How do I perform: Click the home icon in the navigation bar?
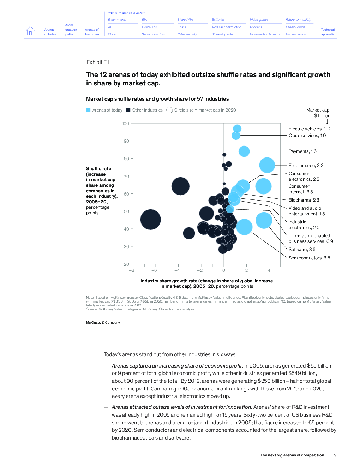click(x=31, y=31)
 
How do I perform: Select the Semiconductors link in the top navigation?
click(x=153, y=34)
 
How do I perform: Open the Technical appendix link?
click(x=328, y=32)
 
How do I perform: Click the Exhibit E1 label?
click(x=98, y=62)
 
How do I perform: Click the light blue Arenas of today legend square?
click(x=88, y=110)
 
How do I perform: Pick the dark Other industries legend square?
click(x=128, y=110)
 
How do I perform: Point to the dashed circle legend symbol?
click(x=169, y=110)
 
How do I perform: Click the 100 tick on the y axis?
click(x=126, y=124)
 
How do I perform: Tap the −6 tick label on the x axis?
click(x=154, y=270)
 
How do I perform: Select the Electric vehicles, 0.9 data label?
click(x=309, y=129)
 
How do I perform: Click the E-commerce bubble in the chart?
click(x=267, y=165)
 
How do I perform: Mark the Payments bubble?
click(x=244, y=151)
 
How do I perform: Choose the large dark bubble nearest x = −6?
click(x=151, y=220)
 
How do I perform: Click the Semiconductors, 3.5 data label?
click(x=309, y=258)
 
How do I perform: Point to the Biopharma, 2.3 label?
click(x=304, y=200)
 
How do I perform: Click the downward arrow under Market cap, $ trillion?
click(x=327, y=122)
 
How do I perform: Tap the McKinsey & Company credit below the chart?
click(x=103, y=323)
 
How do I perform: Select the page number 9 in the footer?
click(x=335, y=455)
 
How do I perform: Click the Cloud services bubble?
click(x=236, y=136)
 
